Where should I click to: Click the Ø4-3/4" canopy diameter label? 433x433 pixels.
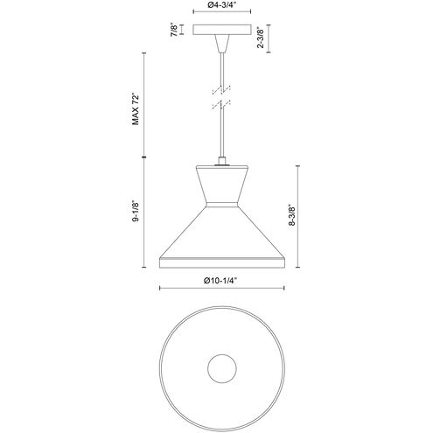(x=222, y=5)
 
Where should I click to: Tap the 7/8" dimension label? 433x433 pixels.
(x=174, y=30)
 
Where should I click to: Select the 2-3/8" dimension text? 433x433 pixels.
(x=261, y=38)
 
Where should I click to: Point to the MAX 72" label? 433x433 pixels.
(x=136, y=109)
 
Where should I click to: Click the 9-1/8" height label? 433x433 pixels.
(x=136, y=211)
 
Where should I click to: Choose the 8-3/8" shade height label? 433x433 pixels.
(x=291, y=215)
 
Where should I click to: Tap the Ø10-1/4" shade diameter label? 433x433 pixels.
(x=221, y=281)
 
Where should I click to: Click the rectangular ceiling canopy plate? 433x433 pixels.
(x=222, y=30)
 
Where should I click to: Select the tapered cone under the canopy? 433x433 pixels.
(x=222, y=44)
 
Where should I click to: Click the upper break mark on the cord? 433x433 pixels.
(x=222, y=90)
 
